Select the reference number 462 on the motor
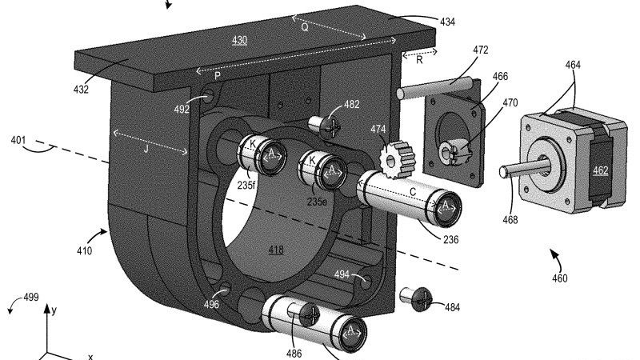pyautogui.click(x=601, y=170)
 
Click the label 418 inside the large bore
pyautogui.click(x=276, y=250)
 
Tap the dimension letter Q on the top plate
pyautogui.click(x=304, y=26)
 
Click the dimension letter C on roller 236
pyautogui.click(x=414, y=191)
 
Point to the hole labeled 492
pyautogui.click(x=210, y=97)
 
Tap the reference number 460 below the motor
pyautogui.click(x=559, y=279)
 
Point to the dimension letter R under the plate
pyautogui.click(x=418, y=58)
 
